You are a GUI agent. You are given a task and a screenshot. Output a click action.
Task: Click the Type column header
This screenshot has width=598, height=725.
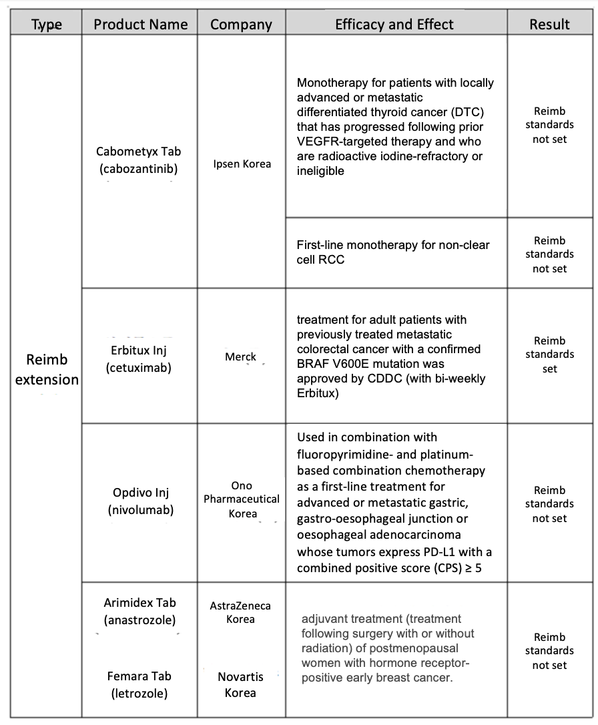tap(47, 25)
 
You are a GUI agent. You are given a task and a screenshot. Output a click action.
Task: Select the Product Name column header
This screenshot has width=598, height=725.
tap(140, 25)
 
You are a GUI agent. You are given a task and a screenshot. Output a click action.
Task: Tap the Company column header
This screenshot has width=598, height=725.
tap(241, 25)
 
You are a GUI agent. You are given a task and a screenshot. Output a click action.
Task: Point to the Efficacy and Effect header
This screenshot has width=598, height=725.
tap(394, 25)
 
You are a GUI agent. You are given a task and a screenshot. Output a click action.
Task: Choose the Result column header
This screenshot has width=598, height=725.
tap(549, 25)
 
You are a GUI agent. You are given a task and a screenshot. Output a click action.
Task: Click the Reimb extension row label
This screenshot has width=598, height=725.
tap(47, 370)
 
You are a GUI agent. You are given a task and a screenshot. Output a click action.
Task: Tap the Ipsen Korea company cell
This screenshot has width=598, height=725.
tap(242, 164)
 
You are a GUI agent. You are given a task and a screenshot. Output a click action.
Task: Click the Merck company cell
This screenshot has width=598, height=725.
tap(241, 356)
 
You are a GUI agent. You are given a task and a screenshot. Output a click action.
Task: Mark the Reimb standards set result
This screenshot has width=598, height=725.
tap(549, 354)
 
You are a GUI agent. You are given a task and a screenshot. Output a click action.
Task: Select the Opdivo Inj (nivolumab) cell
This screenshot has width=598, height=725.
tap(141, 501)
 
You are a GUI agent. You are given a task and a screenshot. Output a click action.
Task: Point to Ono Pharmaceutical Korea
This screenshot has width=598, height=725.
tap(242, 499)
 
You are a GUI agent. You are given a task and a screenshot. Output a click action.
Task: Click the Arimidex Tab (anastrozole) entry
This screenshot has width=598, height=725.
tap(140, 612)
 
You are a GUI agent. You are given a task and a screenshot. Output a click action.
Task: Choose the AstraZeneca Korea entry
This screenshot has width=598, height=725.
tap(241, 612)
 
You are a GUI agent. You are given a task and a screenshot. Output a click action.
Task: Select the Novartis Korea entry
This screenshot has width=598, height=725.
tap(240, 685)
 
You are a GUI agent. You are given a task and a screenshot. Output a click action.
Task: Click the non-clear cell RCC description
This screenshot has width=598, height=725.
tap(393, 252)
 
